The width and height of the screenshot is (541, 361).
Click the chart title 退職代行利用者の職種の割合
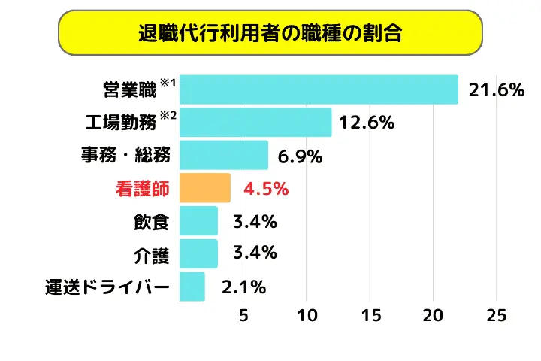(270, 32)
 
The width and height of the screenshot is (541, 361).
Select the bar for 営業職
(319, 89)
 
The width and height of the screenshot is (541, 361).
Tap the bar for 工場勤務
(255, 122)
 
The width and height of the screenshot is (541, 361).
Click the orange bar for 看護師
(205, 188)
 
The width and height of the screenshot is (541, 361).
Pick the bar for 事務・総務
(224, 155)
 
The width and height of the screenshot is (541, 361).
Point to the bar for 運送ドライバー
(192, 287)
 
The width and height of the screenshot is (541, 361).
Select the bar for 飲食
(199, 221)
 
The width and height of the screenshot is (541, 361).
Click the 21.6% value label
(495, 90)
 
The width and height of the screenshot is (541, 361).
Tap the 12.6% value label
(367, 123)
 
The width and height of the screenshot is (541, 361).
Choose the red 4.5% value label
(266, 189)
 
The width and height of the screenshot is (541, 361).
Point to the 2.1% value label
(244, 287)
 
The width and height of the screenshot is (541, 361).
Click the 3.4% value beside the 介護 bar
(255, 253)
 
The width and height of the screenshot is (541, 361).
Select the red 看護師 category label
(142, 189)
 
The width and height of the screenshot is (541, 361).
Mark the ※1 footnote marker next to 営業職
(168, 83)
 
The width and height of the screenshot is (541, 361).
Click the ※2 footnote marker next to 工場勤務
(168, 116)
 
